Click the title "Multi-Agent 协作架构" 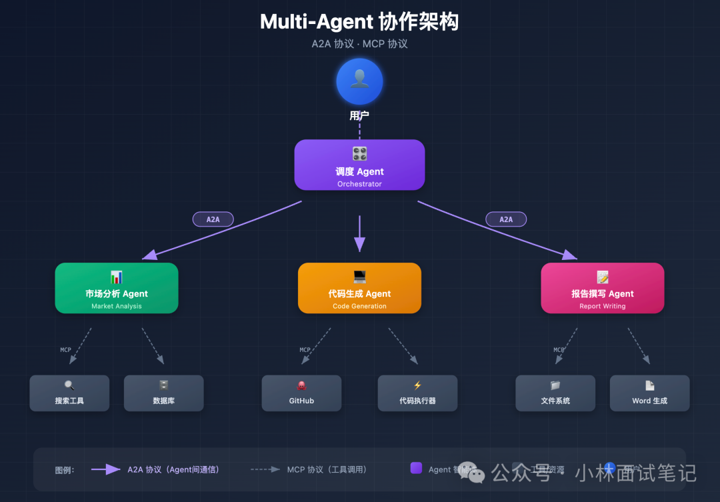pyautogui.click(x=359, y=21)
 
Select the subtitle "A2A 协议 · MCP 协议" pyautogui.click(x=359, y=44)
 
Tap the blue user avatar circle pyautogui.click(x=359, y=81)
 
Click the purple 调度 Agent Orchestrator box pyautogui.click(x=359, y=165)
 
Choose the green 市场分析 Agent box pyautogui.click(x=117, y=288)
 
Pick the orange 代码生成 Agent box pyautogui.click(x=359, y=288)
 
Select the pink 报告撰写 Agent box pyautogui.click(x=602, y=288)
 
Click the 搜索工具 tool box pyautogui.click(x=69, y=393)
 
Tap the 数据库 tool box pyautogui.click(x=163, y=393)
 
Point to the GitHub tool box pyautogui.click(x=301, y=393)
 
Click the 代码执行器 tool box pyautogui.click(x=417, y=393)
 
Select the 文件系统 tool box pyautogui.click(x=555, y=393)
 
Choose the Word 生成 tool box pyautogui.click(x=649, y=393)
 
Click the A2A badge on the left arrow pyautogui.click(x=213, y=219)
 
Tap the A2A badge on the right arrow pyautogui.click(x=506, y=219)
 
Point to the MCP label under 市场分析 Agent pyautogui.click(x=65, y=350)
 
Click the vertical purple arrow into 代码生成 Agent pyautogui.click(x=360, y=233)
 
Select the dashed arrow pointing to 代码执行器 pyautogui.click(x=403, y=346)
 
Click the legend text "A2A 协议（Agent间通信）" pyautogui.click(x=173, y=469)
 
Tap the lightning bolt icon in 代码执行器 pyautogui.click(x=417, y=385)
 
